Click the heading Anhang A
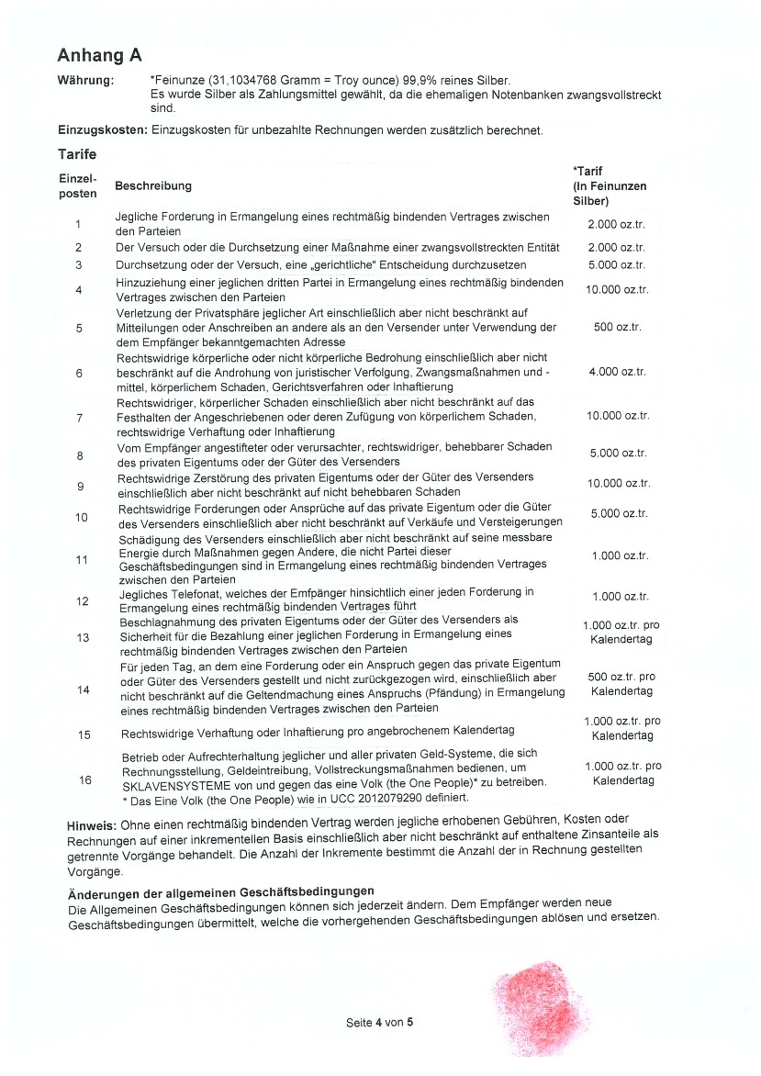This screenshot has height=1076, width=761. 99,54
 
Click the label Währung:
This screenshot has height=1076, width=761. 85,81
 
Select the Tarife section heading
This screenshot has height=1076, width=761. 77,154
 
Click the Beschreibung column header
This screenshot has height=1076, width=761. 153,186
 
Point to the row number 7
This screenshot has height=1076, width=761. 79,419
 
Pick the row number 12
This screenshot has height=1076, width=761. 82,601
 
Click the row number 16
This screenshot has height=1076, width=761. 84,780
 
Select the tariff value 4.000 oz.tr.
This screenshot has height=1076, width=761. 617,372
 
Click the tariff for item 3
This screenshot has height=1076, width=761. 617,265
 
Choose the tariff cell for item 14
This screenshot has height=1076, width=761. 621,684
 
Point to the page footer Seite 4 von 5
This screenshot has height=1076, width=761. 380,1022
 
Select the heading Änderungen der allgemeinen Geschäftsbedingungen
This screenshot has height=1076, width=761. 221,892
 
